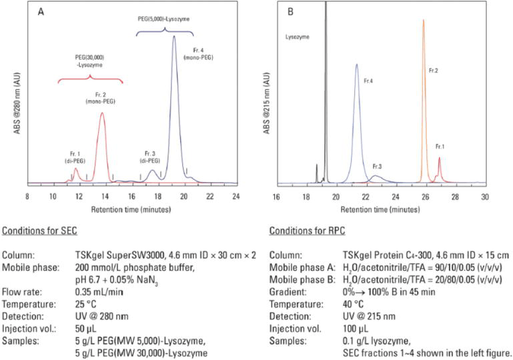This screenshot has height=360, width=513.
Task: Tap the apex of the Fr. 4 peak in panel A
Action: pos(174,37)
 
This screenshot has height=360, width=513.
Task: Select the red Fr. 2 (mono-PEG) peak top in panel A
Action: pos(101,113)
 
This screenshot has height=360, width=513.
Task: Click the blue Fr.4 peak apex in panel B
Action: pos(357,65)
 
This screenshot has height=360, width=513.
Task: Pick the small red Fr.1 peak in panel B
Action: pos(439,159)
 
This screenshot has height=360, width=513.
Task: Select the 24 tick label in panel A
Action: pos(235,196)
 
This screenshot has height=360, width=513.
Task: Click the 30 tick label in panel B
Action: pos(485,196)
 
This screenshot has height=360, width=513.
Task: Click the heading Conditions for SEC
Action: pos(39,231)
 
